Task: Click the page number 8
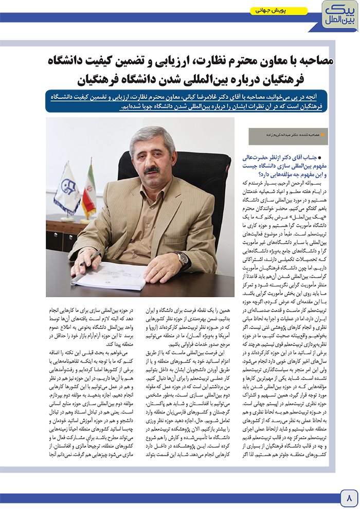click(348, 497)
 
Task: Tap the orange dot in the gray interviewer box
click(317, 136)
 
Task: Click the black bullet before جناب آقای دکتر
click(320, 158)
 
